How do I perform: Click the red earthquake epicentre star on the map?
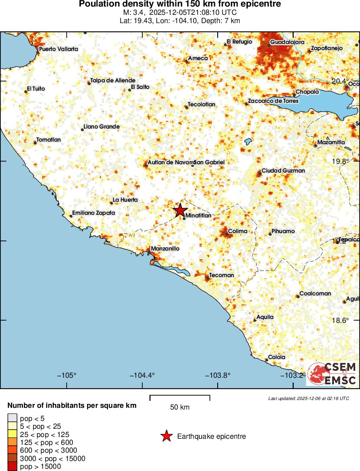[x=180, y=210]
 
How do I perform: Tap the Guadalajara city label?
[x=286, y=42]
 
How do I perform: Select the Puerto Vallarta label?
[x=59, y=49]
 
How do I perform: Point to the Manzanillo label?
[x=165, y=249]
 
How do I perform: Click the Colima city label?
[x=238, y=231]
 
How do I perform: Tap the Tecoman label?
[x=222, y=275]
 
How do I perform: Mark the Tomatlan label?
[x=49, y=140]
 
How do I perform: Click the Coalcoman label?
[x=315, y=294]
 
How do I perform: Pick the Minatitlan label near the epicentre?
[x=198, y=216]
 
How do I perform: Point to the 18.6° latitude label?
[x=340, y=320]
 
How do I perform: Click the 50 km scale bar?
[x=180, y=397]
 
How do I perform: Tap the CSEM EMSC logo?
[x=332, y=374]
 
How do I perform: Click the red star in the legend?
[x=166, y=436]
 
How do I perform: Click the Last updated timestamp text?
[x=308, y=398]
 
